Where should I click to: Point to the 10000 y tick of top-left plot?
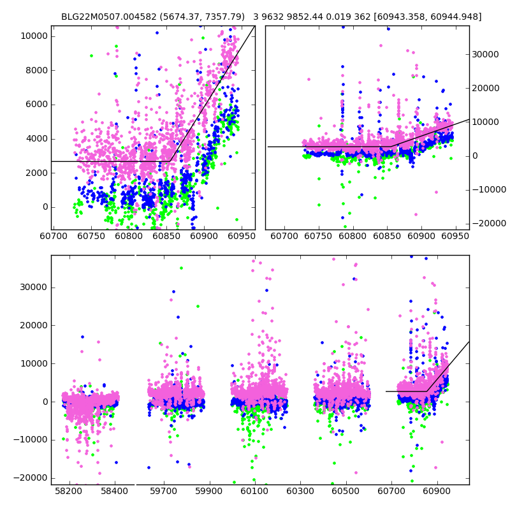pos(34,36)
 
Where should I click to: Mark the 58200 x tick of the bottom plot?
pos(69,493)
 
